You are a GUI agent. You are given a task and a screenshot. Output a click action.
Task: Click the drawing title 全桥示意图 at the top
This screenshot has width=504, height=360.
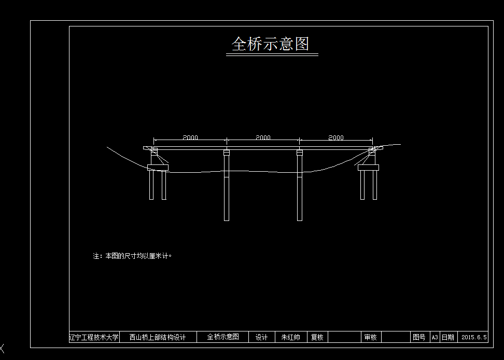pyautogui.click(x=270, y=44)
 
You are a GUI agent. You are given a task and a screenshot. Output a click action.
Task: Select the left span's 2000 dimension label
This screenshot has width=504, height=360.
pyautogui.click(x=190, y=138)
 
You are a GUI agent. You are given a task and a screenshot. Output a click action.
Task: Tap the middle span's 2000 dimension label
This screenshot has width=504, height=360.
pyautogui.click(x=263, y=138)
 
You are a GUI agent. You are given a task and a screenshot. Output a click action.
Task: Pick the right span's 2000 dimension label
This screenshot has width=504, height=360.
pyautogui.click(x=336, y=138)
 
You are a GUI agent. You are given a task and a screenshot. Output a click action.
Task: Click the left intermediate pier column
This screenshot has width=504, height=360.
pyautogui.click(x=227, y=187)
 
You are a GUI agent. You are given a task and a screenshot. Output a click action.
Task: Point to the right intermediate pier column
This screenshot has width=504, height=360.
pyautogui.click(x=300, y=187)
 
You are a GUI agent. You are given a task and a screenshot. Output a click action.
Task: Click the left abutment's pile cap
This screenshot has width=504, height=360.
pyautogui.click(x=158, y=167)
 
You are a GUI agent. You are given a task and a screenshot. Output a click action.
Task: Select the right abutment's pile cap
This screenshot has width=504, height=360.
pyautogui.click(x=369, y=167)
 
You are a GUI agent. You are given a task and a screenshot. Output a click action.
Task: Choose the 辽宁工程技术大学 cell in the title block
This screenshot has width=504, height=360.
pyautogui.click(x=94, y=337)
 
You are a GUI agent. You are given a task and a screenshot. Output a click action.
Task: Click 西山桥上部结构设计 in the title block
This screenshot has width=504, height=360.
pyautogui.click(x=158, y=337)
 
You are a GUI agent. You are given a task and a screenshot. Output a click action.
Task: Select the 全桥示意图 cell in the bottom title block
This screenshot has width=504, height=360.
pyautogui.click(x=223, y=337)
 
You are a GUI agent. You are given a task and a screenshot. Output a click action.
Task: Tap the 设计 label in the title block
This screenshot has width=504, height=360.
pyautogui.click(x=262, y=337)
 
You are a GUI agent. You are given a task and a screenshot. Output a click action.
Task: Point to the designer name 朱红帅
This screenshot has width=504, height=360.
pyautogui.click(x=291, y=337)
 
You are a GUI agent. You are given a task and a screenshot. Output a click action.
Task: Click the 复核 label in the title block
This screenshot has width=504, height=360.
pyautogui.click(x=317, y=337)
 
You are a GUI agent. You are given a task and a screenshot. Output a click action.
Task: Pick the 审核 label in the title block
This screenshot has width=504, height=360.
pyautogui.click(x=370, y=337)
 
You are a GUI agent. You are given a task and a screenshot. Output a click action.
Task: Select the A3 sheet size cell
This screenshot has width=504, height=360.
pyautogui.click(x=435, y=337)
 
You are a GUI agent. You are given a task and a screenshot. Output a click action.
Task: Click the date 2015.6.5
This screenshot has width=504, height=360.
pyautogui.click(x=474, y=337)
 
